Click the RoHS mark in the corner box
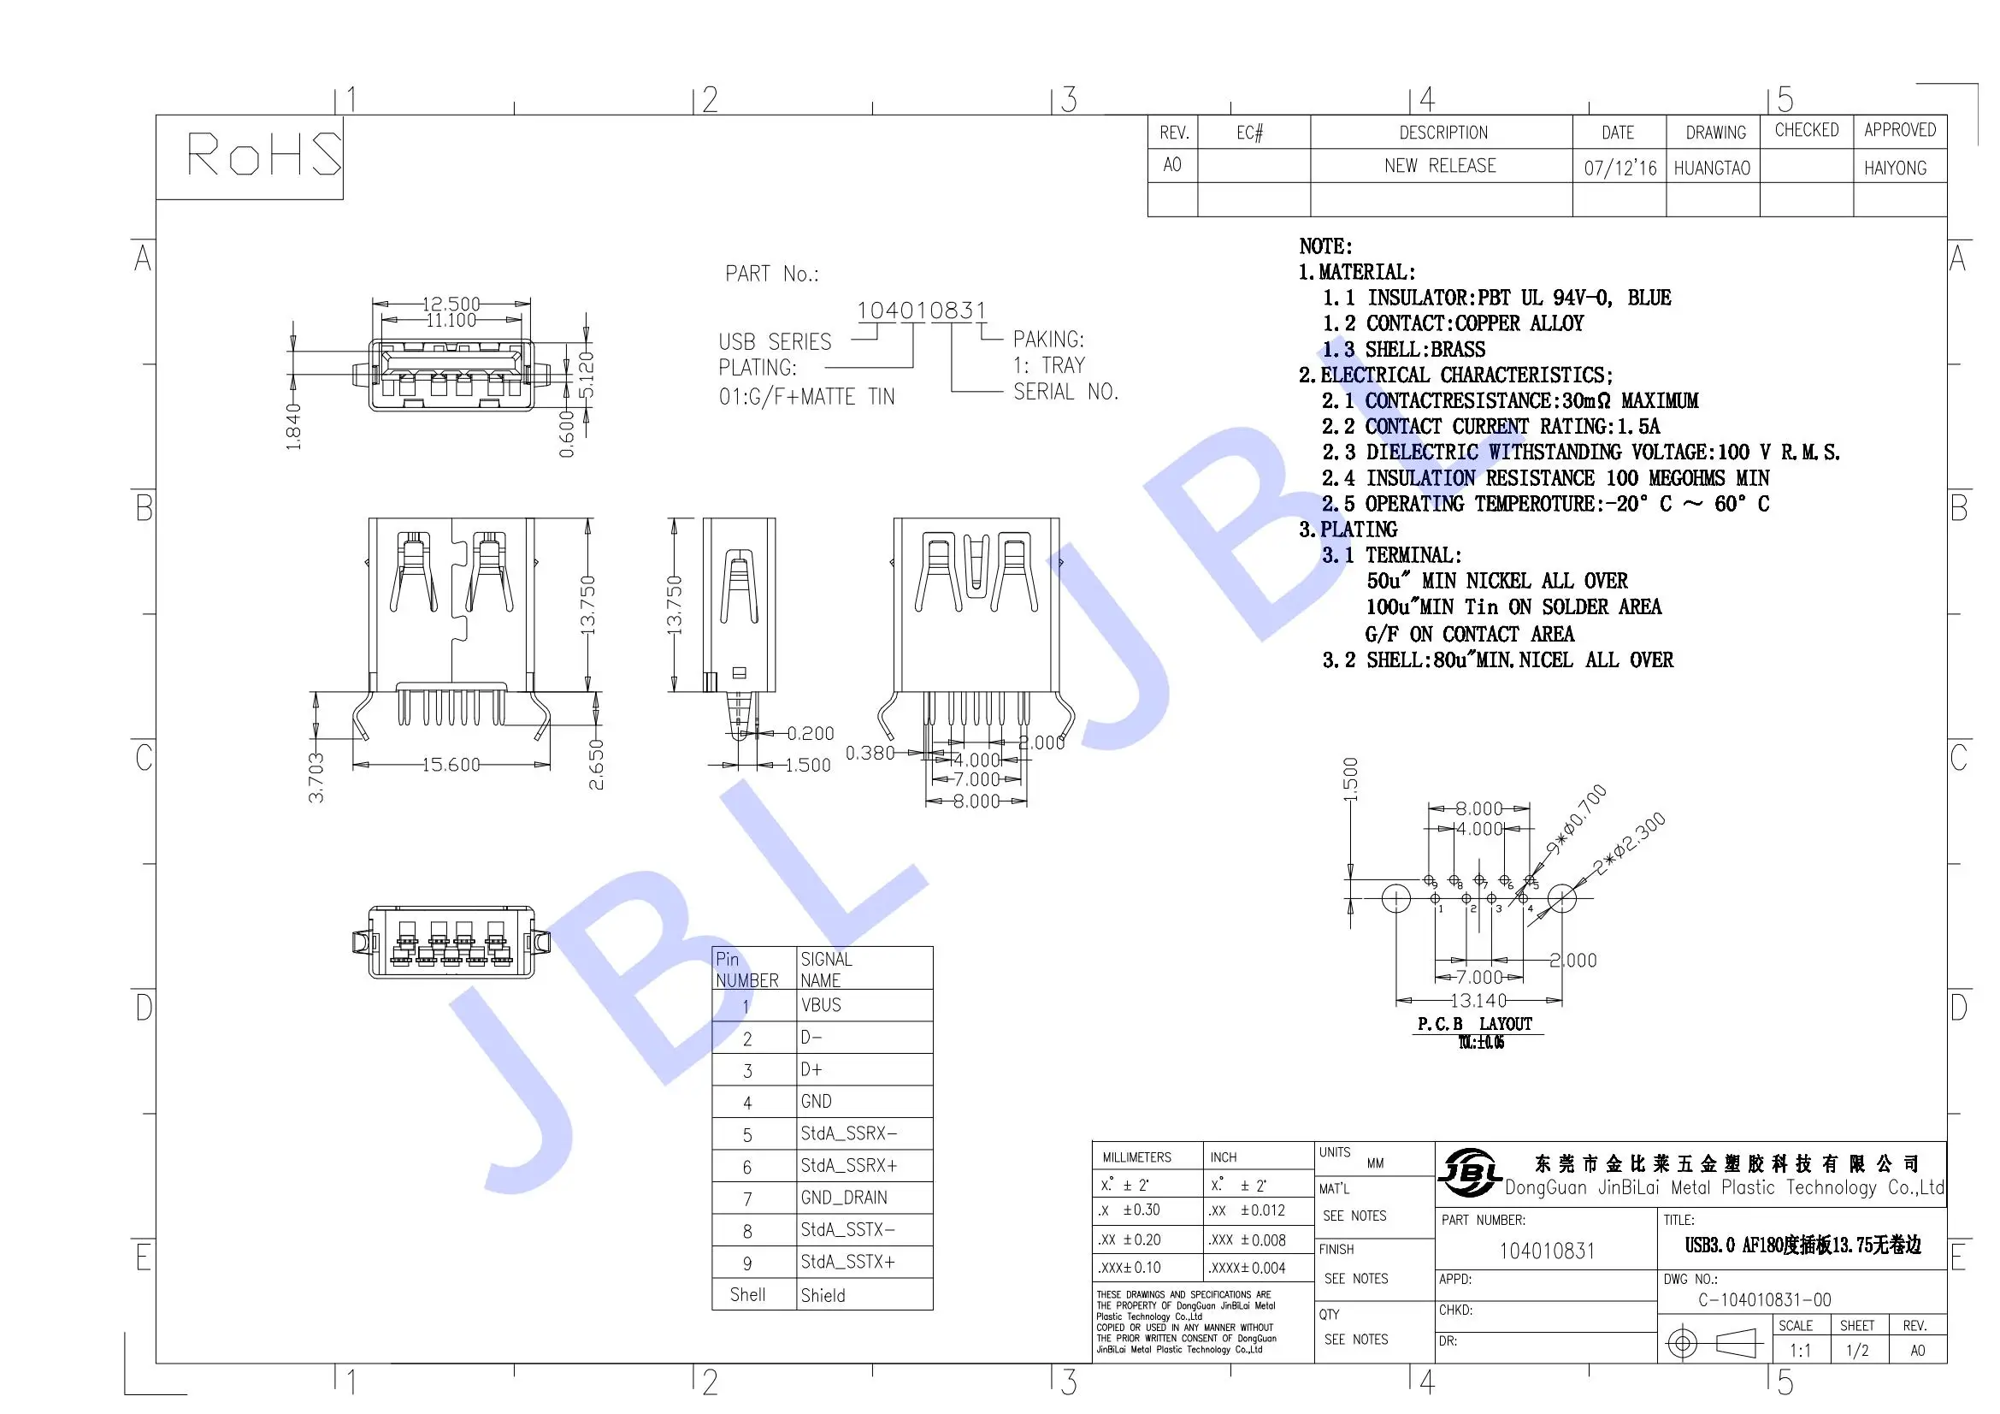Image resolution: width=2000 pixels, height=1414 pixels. point(264,154)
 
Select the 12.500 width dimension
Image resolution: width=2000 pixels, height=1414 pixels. point(451,303)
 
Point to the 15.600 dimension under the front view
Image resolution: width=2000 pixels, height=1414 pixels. point(451,765)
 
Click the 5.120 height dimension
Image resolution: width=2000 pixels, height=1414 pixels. point(587,375)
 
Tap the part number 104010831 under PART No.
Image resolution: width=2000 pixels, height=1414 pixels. point(922,311)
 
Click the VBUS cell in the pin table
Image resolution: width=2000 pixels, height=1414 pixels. point(822,1005)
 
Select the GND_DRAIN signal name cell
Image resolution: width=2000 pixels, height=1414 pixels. point(843,1198)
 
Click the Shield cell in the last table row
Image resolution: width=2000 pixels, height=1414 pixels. point(823,1295)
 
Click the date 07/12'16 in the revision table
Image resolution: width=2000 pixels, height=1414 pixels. point(1619,169)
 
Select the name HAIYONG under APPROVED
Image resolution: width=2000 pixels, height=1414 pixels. point(1895,169)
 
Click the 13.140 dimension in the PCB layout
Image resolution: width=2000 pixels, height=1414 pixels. point(1478,1001)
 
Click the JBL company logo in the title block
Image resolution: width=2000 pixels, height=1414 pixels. point(1469,1173)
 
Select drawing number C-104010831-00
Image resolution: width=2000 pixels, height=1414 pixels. point(1764,1300)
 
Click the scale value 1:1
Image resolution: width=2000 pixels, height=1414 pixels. point(1800,1351)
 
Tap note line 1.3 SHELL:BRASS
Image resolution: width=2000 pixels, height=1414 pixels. point(1404,349)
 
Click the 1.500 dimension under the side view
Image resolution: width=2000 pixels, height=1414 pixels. point(807,765)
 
